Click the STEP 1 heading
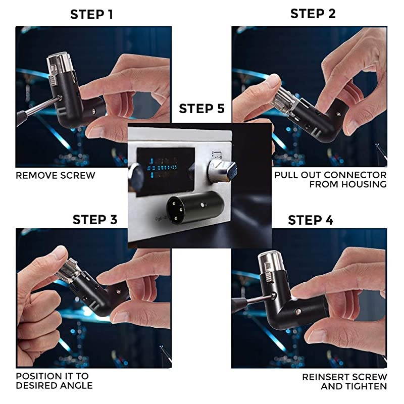(x=91, y=14)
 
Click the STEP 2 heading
(x=313, y=14)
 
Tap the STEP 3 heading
(x=95, y=220)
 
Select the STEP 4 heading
(x=311, y=220)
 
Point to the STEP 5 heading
(x=201, y=109)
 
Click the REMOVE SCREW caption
(x=56, y=176)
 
